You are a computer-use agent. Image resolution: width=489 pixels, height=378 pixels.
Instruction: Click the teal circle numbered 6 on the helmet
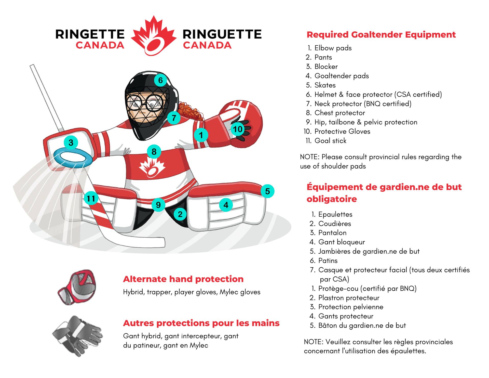(x=160, y=80)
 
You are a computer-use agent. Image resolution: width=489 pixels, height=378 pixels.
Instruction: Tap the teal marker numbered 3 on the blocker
(x=71, y=142)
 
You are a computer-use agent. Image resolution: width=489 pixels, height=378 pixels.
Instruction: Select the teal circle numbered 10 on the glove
(x=238, y=129)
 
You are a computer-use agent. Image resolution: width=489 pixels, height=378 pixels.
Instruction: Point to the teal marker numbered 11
(x=91, y=198)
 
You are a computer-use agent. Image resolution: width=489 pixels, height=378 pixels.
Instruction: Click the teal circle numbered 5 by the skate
(x=267, y=191)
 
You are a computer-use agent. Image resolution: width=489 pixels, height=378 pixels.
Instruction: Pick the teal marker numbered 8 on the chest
(x=154, y=152)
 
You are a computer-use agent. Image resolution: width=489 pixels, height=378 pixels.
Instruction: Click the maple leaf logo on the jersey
(x=152, y=167)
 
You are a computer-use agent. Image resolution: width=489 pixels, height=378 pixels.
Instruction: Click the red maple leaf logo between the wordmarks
(x=154, y=36)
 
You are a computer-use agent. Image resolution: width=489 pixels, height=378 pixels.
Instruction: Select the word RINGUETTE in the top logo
(x=222, y=34)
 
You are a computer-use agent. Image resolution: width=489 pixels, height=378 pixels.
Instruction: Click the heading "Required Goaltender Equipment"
(x=381, y=35)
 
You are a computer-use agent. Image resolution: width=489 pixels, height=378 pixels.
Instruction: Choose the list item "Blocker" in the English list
(x=326, y=67)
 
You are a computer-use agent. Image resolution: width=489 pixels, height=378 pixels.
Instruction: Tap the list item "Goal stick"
(x=330, y=141)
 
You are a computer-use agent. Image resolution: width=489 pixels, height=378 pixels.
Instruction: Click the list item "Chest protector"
(x=339, y=113)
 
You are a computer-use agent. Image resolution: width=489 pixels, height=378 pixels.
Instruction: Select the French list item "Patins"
(x=328, y=260)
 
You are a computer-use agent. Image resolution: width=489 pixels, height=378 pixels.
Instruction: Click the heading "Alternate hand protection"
(x=183, y=279)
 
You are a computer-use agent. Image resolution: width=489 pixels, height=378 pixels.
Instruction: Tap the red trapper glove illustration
(x=77, y=287)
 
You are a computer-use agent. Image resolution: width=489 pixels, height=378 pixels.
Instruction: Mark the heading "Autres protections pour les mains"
(x=201, y=323)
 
